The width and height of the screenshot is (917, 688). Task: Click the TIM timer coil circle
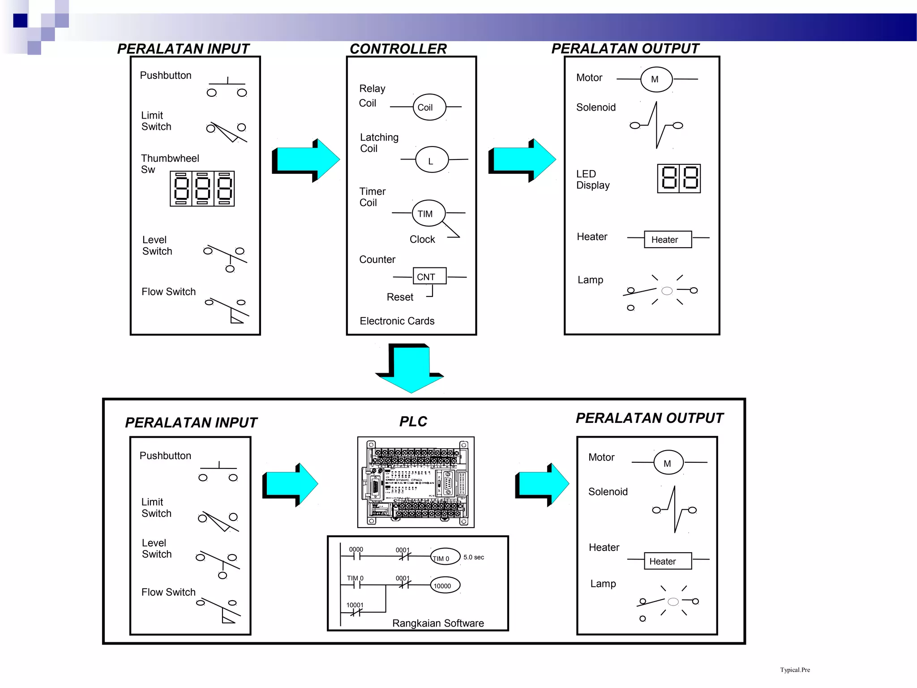point(429,213)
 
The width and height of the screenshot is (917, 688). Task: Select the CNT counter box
point(429,276)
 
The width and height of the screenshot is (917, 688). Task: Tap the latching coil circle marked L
point(432,160)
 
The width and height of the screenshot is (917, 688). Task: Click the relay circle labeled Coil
point(429,107)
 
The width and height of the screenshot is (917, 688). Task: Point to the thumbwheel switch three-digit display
point(202,189)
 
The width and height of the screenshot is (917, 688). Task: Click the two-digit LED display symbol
point(678,178)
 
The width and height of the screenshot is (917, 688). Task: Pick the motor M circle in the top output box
point(656,79)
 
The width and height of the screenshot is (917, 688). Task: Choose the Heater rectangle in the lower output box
point(668,561)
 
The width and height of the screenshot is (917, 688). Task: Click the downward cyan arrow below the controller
point(410,369)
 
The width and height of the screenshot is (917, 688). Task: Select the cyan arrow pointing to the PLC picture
point(290,485)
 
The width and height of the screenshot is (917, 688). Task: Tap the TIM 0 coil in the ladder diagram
point(445,557)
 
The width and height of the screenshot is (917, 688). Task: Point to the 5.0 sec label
point(474,557)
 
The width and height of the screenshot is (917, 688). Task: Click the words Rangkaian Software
point(438,623)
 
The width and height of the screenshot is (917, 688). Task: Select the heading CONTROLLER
point(398,49)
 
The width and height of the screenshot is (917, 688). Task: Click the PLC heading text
point(413,421)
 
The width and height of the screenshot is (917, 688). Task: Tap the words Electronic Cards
point(397,321)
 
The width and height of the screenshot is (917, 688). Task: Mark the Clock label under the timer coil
point(422,239)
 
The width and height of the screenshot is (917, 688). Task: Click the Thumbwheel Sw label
point(169,163)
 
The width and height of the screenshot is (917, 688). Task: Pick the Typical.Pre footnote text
point(795,670)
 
